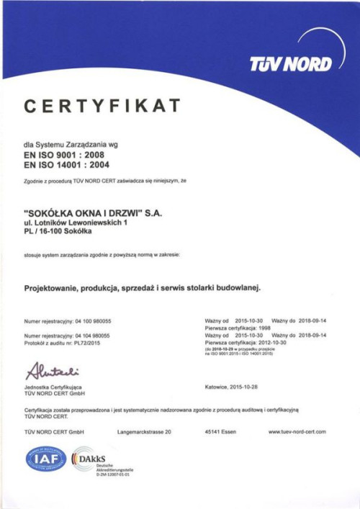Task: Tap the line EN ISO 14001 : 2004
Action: pos(67,165)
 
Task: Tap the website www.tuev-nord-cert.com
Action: pos(297,431)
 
